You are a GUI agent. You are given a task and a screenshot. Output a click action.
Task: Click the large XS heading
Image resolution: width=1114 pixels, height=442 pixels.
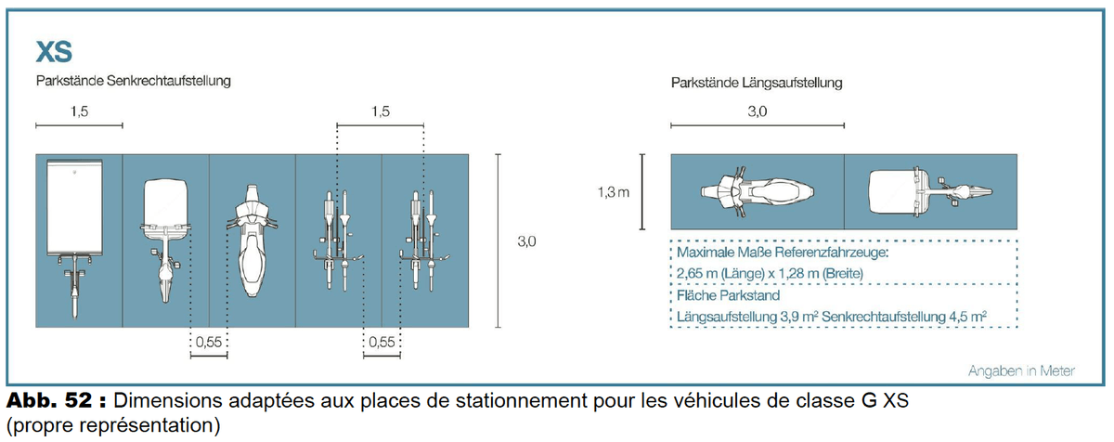(54, 51)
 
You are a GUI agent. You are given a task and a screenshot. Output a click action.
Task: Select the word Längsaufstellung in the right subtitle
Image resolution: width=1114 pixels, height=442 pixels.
(793, 83)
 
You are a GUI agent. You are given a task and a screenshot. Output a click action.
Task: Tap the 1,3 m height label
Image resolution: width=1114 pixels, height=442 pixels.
(614, 193)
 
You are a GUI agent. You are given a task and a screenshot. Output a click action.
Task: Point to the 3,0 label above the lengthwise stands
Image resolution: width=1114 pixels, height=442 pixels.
(758, 112)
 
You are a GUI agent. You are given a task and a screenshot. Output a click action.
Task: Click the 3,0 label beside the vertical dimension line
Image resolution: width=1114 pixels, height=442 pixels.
(526, 240)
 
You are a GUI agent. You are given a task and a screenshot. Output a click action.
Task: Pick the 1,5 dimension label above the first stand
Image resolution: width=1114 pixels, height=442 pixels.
(79, 112)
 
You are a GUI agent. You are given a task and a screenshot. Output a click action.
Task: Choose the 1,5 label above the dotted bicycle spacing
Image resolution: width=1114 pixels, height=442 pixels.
(380, 112)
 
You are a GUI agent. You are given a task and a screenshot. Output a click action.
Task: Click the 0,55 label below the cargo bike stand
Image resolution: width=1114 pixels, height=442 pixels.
(208, 343)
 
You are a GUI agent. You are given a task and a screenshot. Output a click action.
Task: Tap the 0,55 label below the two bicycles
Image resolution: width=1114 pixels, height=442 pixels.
(382, 343)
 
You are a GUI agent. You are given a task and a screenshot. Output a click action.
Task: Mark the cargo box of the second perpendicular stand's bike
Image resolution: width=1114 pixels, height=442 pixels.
(166, 201)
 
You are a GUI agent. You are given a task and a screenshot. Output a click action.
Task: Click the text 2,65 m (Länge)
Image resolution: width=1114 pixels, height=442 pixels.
(730, 273)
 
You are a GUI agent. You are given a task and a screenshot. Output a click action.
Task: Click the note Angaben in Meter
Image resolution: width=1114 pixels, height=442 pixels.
(1020, 370)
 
